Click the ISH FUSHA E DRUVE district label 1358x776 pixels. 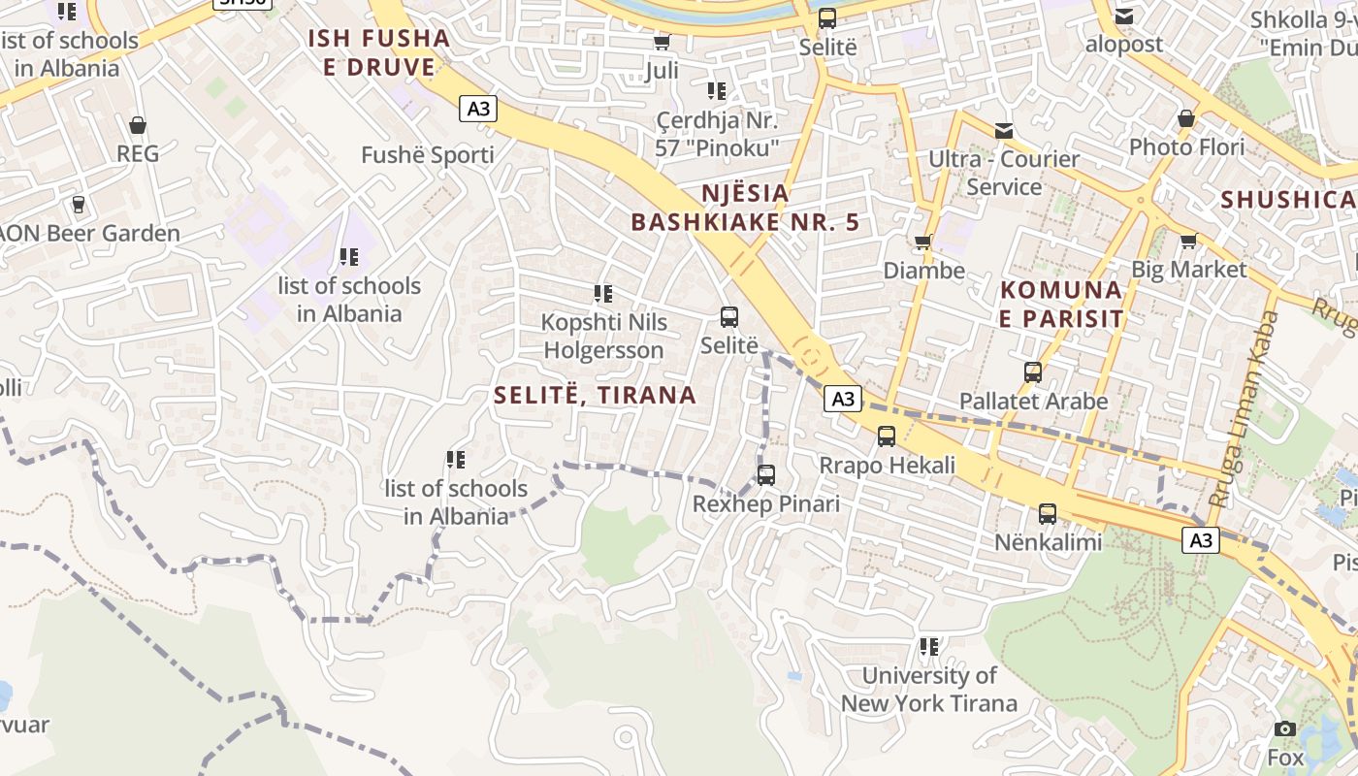click(x=379, y=52)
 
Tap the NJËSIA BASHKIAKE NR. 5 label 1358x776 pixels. click(x=745, y=208)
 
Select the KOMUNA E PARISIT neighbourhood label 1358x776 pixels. click(x=1061, y=304)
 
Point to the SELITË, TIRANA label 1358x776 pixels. click(x=595, y=395)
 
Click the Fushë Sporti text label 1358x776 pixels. click(x=427, y=155)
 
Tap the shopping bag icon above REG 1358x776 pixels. click(x=138, y=125)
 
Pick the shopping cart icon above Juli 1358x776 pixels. click(x=662, y=42)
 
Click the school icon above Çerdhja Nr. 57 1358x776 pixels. click(x=717, y=91)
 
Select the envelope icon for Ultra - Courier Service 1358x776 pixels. click(x=1003, y=130)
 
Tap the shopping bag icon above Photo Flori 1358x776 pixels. click(x=1185, y=118)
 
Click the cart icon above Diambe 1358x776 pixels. click(x=922, y=242)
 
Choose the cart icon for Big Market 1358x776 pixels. click(x=1188, y=241)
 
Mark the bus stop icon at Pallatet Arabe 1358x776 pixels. click(x=1033, y=372)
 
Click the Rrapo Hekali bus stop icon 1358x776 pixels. click(x=887, y=436)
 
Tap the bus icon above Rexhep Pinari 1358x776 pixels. click(x=766, y=475)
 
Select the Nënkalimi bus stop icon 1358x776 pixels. click(x=1048, y=514)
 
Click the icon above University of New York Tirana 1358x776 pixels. click(x=929, y=646)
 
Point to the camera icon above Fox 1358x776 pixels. click(x=1285, y=728)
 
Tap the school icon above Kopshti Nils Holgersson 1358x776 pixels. click(x=603, y=293)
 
